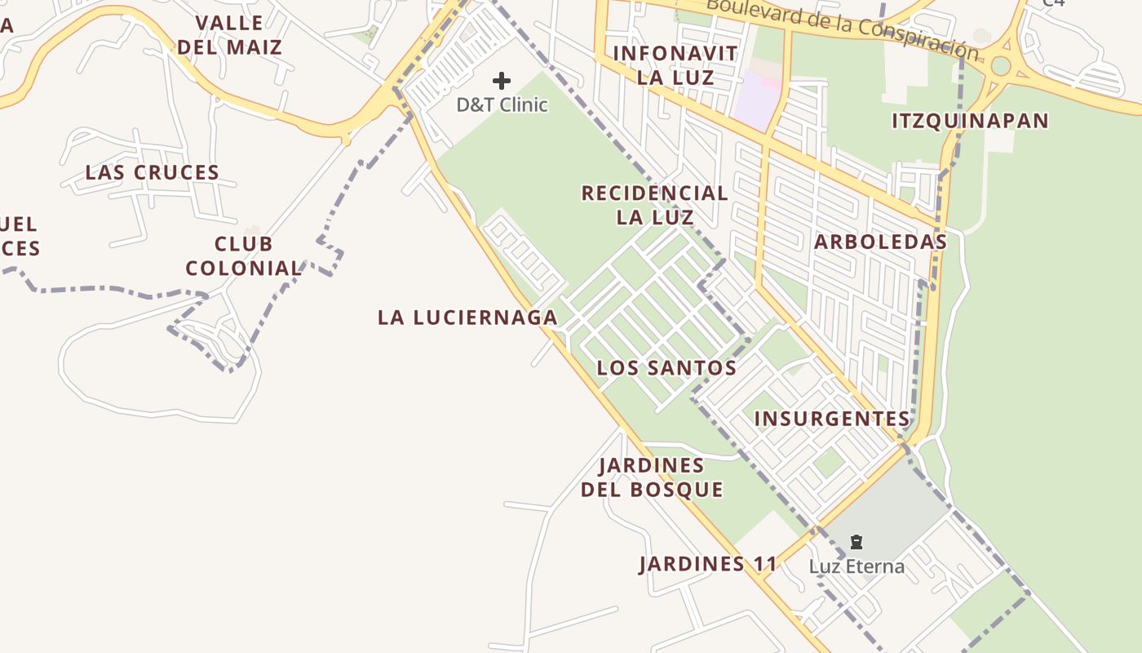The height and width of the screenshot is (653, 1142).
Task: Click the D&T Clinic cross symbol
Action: (x=502, y=81)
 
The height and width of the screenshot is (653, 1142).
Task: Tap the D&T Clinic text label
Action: (x=502, y=104)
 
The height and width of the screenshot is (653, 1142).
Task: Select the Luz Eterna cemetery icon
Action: (x=856, y=542)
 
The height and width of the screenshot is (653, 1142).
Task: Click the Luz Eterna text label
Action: (x=856, y=566)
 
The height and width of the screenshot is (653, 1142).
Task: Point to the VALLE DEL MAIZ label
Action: (x=230, y=35)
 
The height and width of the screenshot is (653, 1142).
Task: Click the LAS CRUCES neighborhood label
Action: (x=153, y=173)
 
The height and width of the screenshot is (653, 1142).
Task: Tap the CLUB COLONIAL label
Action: (x=244, y=256)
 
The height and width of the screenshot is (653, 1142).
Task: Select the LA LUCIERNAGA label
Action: (x=467, y=318)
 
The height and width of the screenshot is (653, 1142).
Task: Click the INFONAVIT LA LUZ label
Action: (x=675, y=65)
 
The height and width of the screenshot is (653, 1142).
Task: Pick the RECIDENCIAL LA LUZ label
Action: (x=655, y=205)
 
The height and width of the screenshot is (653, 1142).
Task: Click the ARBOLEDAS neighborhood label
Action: (x=880, y=242)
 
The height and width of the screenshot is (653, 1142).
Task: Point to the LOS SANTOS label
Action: (x=666, y=368)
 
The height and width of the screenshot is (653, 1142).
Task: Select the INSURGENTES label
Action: (x=831, y=419)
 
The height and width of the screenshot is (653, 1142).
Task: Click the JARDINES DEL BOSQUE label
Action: (x=652, y=478)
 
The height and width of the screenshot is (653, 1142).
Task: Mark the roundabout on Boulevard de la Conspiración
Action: (x=1001, y=66)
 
